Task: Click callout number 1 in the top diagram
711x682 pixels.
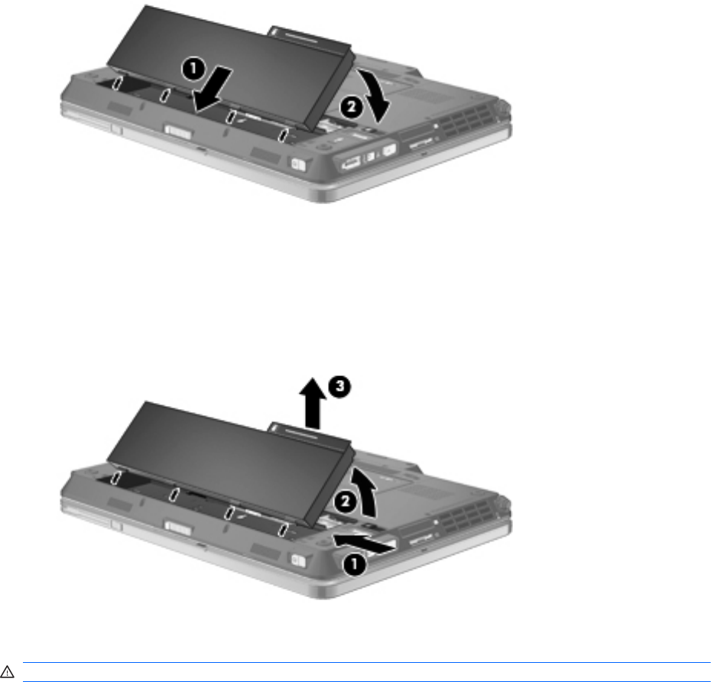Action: (193, 70)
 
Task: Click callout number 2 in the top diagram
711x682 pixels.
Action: (352, 108)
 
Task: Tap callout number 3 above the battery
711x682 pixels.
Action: (340, 387)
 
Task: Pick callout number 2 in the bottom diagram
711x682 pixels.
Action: (346, 502)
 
